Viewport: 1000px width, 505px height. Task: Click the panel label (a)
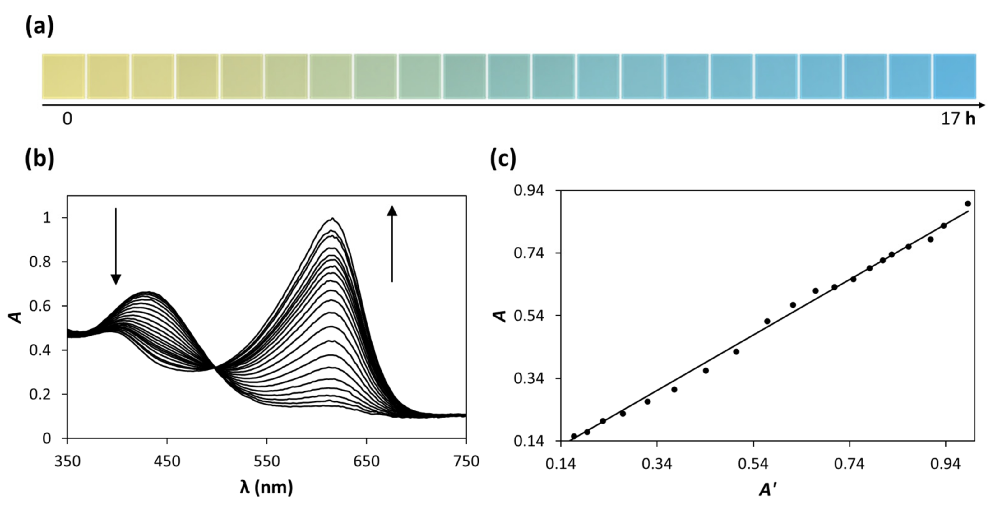(x=39, y=27)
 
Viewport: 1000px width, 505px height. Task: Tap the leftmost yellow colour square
(x=64, y=76)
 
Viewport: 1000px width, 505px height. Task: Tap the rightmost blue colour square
(x=955, y=76)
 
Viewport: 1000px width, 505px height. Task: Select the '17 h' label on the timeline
(x=958, y=119)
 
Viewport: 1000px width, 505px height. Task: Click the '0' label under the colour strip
(x=67, y=119)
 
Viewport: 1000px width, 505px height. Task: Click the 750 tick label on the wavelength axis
(x=466, y=462)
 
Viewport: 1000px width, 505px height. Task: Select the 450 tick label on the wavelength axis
(x=167, y=462)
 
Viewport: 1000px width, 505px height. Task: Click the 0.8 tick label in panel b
(x=40, y=262)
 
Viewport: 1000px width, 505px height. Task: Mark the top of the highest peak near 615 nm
(x=332, y=218)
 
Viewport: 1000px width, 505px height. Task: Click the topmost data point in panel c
(x=968, y=204)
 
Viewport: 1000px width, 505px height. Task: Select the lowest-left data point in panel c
(x=574, y=436)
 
